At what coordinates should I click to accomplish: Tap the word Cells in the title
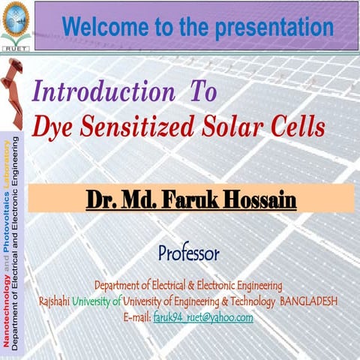pyautogui.click(x=297, y=127)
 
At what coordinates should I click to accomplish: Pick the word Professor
pyautogui.click(x=188, y=253)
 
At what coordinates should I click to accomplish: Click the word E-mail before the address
pyautogui.click(x=136, y=317)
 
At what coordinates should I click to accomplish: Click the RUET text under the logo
pyautogui.click(x=16, y=45)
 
